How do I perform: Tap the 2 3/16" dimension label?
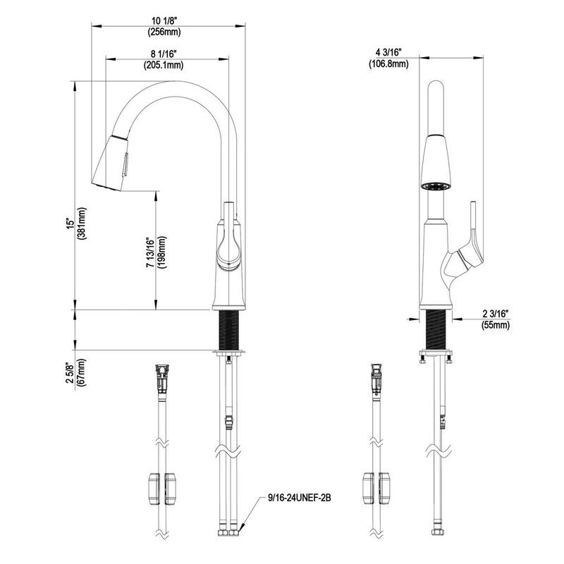(496, 312)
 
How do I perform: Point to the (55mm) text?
(496, 325)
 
